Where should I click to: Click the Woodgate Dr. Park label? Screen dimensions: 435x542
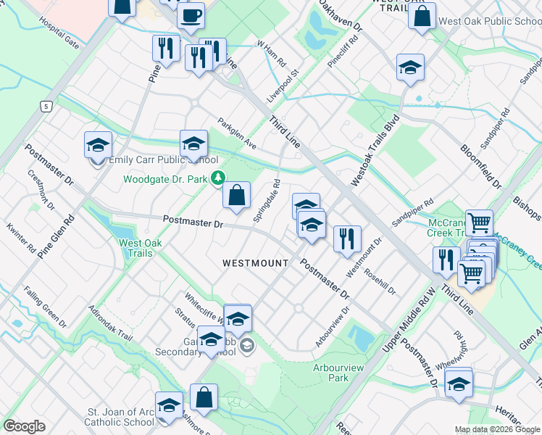tap(166, 179)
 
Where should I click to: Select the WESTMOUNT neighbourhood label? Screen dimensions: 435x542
tap(256, 262)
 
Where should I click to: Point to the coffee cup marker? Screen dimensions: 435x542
tap(191, 15)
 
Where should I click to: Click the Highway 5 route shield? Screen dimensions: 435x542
tap(46, 107)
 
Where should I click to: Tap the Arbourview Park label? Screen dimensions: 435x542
tap(330, 373)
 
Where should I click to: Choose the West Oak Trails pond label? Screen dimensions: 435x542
tap(135, 248)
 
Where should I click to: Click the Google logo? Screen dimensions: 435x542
tap(25, 426)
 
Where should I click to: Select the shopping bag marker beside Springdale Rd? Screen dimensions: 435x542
tap(236, 196)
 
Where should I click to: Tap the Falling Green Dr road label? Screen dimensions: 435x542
tap(45, 307)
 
